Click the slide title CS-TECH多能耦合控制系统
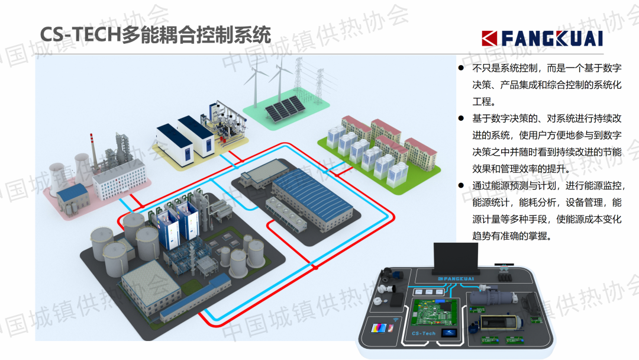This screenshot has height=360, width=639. [x=154, y=34]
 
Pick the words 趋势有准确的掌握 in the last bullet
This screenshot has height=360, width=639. [x=512, y=236]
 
